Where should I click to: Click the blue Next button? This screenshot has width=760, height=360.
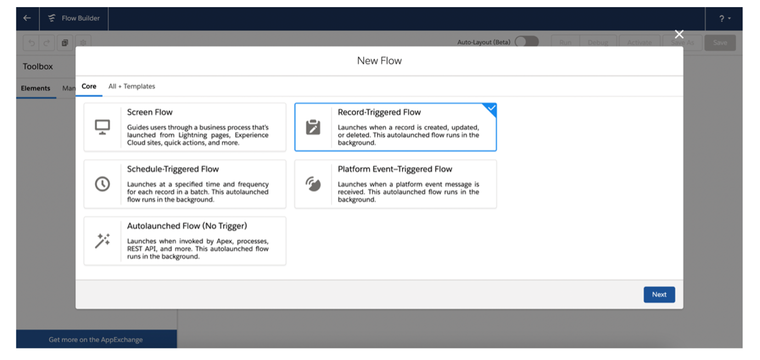pyautogui.click(x=659, y=295)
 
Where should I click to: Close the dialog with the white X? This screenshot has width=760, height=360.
pyautogui.click(x=679, y=35)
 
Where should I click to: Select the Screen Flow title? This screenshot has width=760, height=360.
pyautogui.click(x=150, y=113)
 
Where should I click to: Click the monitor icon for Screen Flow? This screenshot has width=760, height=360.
pyautogui.click(x=103, y=127)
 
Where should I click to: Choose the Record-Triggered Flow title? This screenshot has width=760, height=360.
pyautogui.click(x=379, y=113)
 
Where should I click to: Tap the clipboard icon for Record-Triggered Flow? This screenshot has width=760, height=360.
pyautogui.click(x=313, y=127)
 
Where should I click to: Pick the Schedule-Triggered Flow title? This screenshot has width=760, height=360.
pyautogui.click(x=173, y=169)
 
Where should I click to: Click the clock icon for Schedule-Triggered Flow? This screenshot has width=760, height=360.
pyautogui.click(x=103, y=184)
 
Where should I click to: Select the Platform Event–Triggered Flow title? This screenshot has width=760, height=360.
pyautogui.click(x=395, y=169)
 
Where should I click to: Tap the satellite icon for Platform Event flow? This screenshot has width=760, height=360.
pyautogui.click(x=313, y=184)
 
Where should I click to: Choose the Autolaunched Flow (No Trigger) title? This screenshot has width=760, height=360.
pyautogui.click(x=187, y=226)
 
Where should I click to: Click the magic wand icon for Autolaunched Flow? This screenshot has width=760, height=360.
pyautogui.click(x=103, y=241)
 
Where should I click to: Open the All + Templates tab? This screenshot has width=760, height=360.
pyautogui.click(x=132, y=86)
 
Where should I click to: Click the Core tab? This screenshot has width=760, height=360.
pyautogui.click(x=89, y=86)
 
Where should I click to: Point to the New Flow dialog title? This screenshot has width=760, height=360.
pyautogui.click(x=379, y=61)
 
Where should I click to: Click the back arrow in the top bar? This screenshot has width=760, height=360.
pyautogui.click(x=27, y=18)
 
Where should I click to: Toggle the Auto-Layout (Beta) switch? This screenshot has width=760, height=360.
pyautogui.click(x=527, y=42)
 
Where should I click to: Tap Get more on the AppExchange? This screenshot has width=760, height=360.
pyautogui.click(x=96, y=340)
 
